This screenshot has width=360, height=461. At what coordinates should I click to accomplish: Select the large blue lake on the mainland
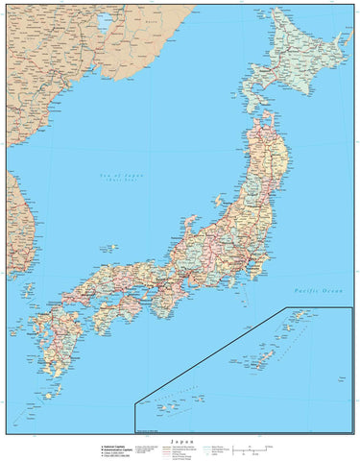(103, 22)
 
